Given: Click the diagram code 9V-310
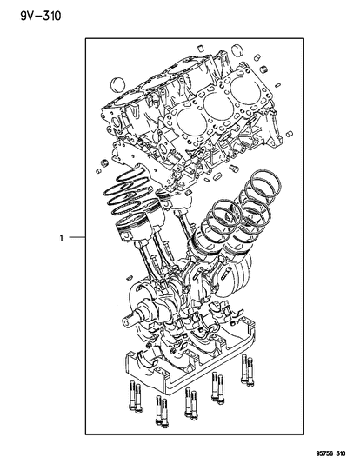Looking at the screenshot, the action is (41, 16).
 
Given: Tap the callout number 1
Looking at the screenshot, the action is (62, 238).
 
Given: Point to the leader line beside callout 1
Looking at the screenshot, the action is (77, 237).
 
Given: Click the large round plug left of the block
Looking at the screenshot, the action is (117, 84).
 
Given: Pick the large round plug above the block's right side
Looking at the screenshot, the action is (237, 50).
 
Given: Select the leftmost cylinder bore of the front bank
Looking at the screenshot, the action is (190, 120).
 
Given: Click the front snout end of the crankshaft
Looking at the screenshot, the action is (127, 322).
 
